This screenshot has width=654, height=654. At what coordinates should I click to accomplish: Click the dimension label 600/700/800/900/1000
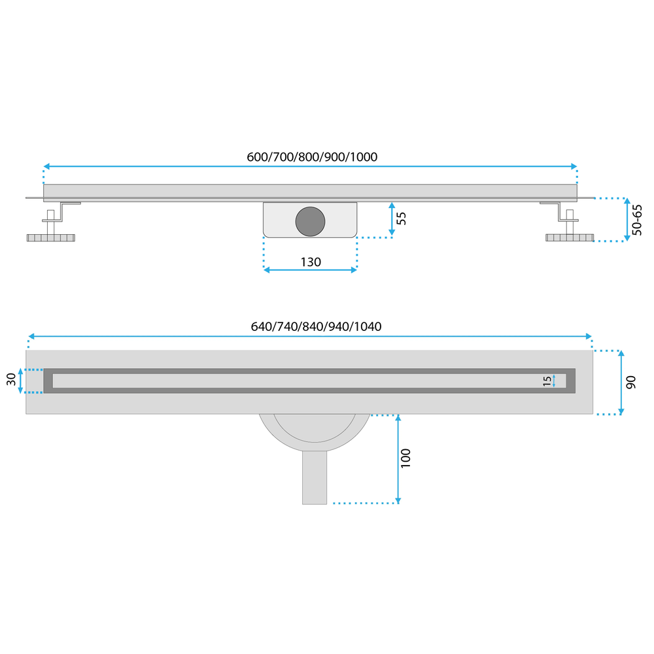312,157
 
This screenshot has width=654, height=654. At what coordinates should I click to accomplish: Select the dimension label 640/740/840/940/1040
317,326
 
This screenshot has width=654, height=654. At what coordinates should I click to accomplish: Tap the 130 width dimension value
311,262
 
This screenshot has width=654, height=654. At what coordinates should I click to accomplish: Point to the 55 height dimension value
402,218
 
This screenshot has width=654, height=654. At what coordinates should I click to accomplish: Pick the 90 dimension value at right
630,383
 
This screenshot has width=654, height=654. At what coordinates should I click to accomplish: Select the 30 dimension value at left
11,380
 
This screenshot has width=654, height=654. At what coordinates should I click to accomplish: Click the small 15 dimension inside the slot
547,381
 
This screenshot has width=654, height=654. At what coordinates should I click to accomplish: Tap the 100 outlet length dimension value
406,458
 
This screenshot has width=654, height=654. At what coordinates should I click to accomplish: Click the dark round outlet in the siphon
309,220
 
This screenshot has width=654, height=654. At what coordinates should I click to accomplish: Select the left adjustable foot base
51,237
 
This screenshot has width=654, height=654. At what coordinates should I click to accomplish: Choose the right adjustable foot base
570,237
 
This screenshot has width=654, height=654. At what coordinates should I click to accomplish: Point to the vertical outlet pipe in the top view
315,477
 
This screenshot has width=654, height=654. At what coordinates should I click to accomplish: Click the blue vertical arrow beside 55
392,219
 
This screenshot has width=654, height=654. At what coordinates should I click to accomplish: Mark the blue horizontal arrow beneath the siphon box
310,269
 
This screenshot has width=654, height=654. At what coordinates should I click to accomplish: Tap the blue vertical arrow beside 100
398,458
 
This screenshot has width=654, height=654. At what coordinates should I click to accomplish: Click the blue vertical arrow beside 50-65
627,220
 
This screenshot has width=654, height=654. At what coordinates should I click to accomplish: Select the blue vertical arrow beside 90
621,383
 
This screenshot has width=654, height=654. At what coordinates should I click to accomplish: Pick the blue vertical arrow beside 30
21,380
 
